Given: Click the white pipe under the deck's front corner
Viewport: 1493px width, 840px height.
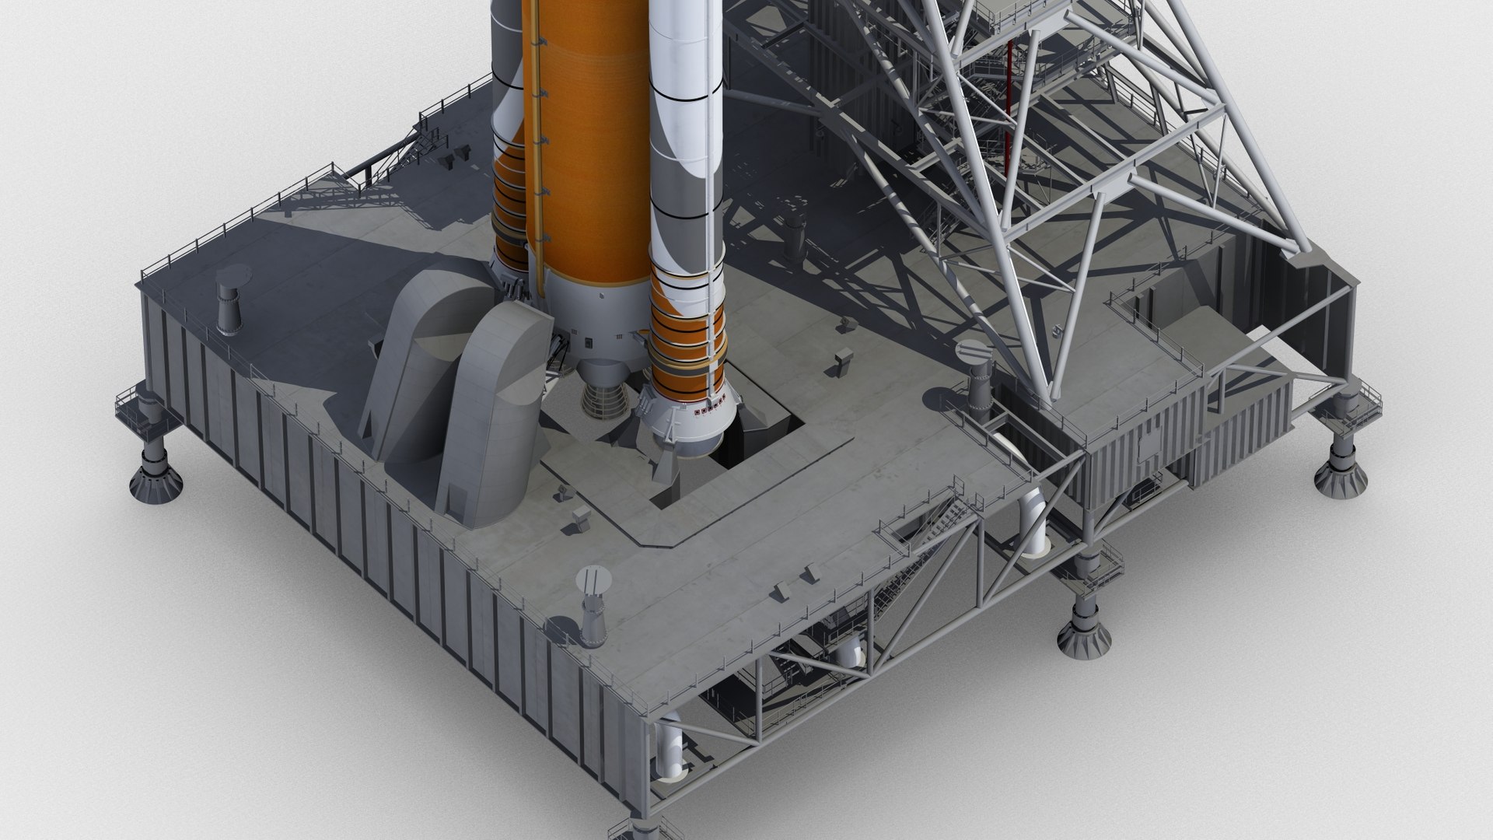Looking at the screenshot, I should (x=670, y=750).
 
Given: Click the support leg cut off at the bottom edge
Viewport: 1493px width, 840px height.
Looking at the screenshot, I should (x=630, y=829).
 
